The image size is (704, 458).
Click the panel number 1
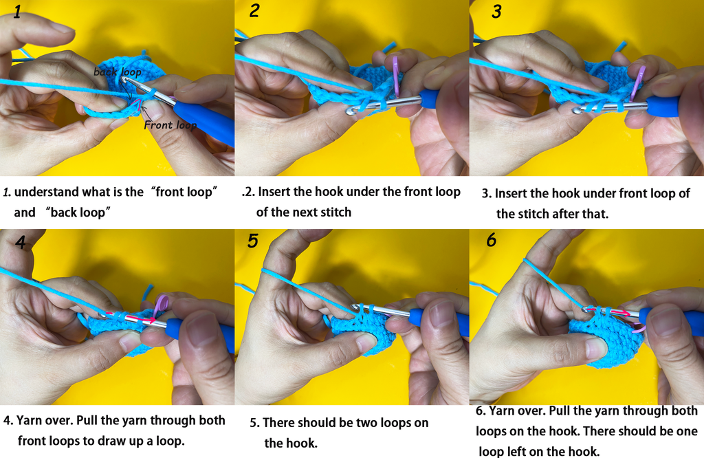tap(17, 11)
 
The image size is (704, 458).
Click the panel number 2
tap(254, 10)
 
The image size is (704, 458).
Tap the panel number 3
tap(496, 11)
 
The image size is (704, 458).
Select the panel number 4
tap(21, 243)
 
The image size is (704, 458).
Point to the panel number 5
tap(253, 241)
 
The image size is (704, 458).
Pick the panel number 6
tap(492, 240)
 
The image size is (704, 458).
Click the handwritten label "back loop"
tap(117, 72)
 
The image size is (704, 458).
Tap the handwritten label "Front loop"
tap(170, 125)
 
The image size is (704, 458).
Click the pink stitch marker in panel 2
tap(397, 74)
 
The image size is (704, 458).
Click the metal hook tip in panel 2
tap(351, 109)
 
